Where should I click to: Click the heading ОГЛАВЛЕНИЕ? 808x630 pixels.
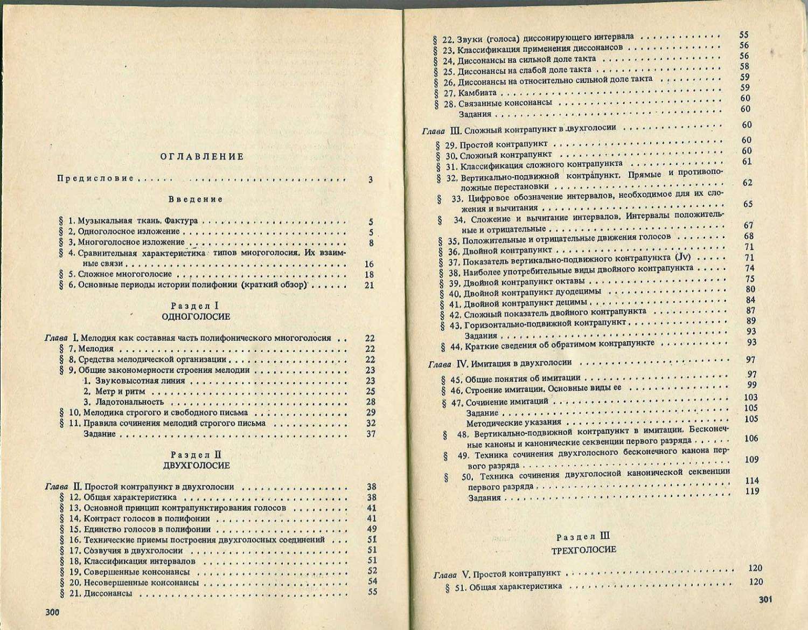[x=202, y=157]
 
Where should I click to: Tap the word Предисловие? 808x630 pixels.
[x=95, y=178]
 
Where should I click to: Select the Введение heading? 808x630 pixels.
[x=196, y=199]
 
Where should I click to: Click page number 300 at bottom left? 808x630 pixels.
[x=52, y=612]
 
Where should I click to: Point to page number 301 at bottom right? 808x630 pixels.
[x=765, y=599]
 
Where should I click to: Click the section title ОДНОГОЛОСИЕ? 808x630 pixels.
[x=196, y=317]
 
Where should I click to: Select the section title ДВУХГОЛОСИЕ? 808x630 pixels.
[x=196, y=465]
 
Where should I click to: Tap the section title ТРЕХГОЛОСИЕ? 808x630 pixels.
[x=584, y=550]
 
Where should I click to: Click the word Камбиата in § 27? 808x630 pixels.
[x=477, y=93]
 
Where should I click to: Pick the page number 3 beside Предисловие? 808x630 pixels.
[x=370, y=179]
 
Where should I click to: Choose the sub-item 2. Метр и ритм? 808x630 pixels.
[x=114, y=391]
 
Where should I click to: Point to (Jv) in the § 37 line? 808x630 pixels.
[x=682, y=259]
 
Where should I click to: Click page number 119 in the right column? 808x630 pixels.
[x=751, y=491]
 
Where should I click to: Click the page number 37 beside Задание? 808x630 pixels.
[x=370, y=434]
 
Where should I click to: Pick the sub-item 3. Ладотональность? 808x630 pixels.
[x=123, y=402]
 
